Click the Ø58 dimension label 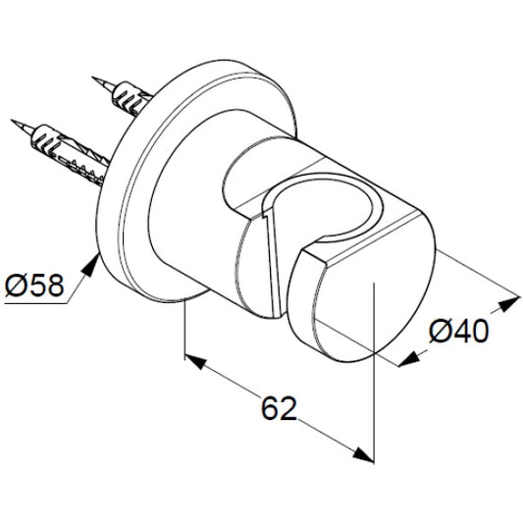[34, 286]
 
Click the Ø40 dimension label [459, 332]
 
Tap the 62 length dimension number [279, 408]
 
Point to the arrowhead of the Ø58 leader [90, 265]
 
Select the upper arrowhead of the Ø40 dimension [509, 303]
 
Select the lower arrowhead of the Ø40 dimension [409, 358]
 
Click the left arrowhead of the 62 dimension [195, 361]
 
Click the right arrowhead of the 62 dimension [364, 454]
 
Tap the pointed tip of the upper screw [93, 78]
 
